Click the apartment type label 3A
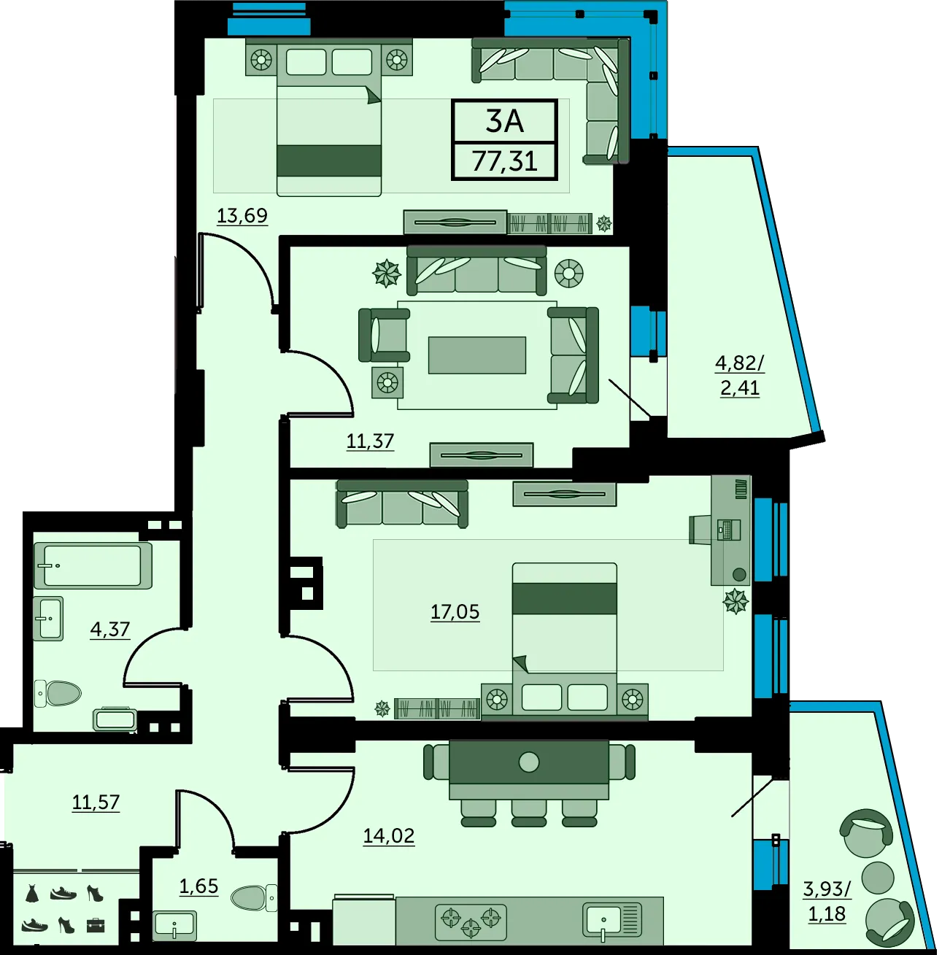tap(504, 121)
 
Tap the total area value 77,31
tap(504, 161)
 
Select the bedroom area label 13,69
tap(242, 215)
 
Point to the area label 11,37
tap(370, 441)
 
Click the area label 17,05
tap(455, 612)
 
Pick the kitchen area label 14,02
tap(389, 835)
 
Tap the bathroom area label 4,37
tap(109, 630)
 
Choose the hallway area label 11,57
tap(96, 802)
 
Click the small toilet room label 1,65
tap(198, 886)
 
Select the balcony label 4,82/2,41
tap(740, 376)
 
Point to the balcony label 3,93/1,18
tap(827, 901)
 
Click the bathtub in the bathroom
tap(93, 565)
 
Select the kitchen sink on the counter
tap(611, 919)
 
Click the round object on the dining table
tap(529, 762)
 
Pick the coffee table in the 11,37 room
tap(477, 355)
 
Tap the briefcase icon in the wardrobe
tap(96, 925)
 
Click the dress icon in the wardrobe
tap(32, 893)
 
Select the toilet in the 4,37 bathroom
tap(58, 693)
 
